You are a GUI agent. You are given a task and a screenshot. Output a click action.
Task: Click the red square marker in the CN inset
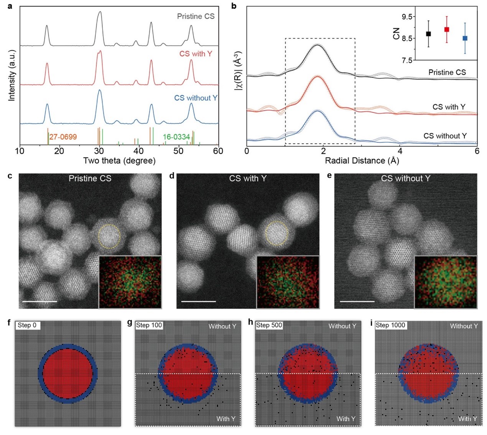[446, 30]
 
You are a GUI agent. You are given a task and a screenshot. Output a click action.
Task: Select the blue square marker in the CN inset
[465, 38]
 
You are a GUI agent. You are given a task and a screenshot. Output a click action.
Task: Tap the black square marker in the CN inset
[428, 34]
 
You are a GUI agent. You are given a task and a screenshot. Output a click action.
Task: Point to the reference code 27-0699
[63, 137]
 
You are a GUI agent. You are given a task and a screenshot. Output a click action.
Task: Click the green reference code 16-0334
[176, 137]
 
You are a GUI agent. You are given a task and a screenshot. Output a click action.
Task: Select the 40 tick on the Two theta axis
[139, 151]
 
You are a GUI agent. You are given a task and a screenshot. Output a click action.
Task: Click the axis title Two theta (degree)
[119, 161]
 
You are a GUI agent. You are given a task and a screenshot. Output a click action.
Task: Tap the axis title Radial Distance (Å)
[362, 161]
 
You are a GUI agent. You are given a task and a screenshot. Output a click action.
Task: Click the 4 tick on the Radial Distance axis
[400, 151]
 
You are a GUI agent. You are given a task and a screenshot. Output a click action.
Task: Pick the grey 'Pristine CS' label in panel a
[196, 17]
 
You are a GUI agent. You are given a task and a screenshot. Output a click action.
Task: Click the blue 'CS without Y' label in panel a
[196, 98]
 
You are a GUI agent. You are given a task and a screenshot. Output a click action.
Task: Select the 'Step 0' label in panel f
[27, 325]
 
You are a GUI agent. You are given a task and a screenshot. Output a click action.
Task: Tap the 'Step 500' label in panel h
[269, 325]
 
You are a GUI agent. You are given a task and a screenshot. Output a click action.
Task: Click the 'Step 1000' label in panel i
[390, 325]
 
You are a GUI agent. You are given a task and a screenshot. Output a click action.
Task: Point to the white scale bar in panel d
[198, 301]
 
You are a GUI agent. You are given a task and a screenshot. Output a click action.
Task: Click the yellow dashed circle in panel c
[109, 236]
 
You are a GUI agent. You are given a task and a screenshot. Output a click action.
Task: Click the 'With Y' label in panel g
[226, 418]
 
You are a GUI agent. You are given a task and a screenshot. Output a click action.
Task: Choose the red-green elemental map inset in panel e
[446, 282]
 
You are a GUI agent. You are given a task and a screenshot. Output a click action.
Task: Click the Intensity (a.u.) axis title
[12, 75]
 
